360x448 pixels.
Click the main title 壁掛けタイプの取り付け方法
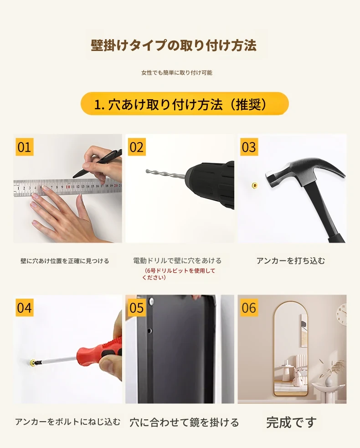click(174, 46)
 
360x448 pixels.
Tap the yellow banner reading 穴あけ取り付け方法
click(185, 104)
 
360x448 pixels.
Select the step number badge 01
click(24, 147)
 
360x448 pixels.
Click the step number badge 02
click(137, 147)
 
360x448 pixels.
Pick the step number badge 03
click(249, 147)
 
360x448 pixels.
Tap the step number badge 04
click(24, 307)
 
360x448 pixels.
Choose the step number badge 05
click(137, 307)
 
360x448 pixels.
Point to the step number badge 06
click(249, 307)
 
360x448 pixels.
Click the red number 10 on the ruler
click(68, 187)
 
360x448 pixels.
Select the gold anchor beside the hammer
click(254, 186)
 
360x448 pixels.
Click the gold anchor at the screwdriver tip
click(33, 363)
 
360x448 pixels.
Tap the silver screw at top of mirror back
click(151, 300)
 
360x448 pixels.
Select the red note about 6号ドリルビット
click(179, 274)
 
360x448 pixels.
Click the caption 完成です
click(291, 422)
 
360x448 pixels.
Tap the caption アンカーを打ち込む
click(291, 260)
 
